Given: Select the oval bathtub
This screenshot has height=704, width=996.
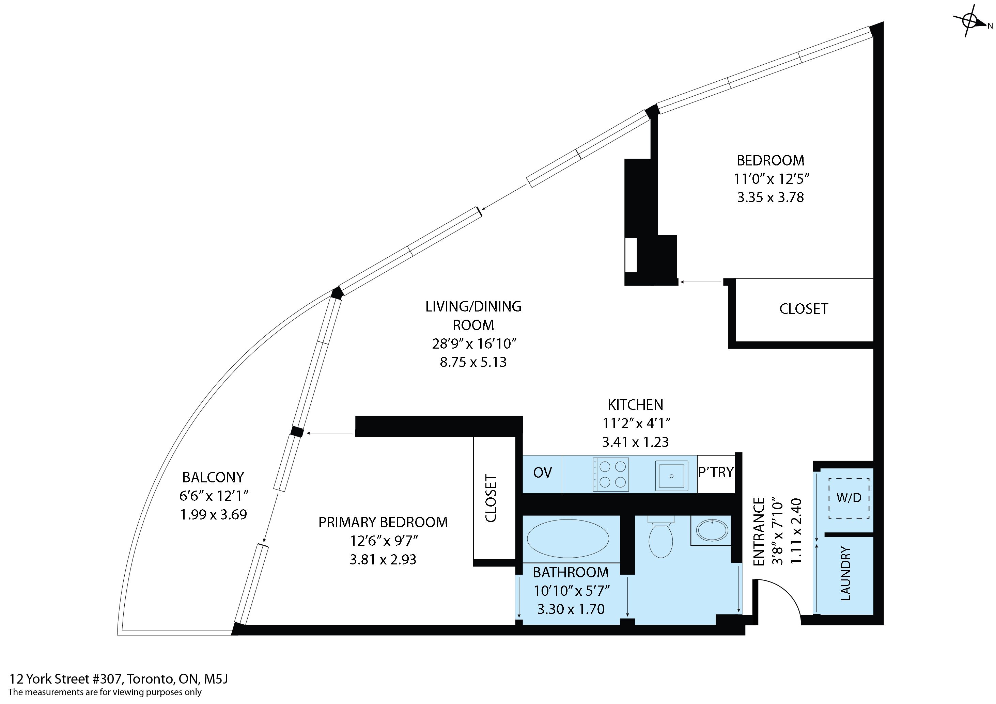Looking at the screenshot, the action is coord(568,539).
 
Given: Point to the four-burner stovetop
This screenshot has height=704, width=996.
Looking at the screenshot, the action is coord(611,474).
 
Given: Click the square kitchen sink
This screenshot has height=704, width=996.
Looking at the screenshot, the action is coord(671,476).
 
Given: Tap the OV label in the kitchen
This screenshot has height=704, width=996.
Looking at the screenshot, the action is coord(542,473).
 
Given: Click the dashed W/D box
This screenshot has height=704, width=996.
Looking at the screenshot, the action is coord(849,498).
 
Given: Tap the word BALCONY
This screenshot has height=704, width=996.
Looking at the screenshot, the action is coord(213,477).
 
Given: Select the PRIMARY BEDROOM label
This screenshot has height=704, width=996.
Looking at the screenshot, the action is coord(383,522).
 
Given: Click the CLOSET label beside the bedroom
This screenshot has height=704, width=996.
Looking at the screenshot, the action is coord(804,309).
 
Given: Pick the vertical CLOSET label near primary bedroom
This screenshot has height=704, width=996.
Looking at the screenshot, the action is coord(491,498).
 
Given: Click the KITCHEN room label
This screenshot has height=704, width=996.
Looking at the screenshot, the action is coord(635,405).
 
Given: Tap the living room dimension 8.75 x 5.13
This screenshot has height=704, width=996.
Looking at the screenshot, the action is coord(473,362).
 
